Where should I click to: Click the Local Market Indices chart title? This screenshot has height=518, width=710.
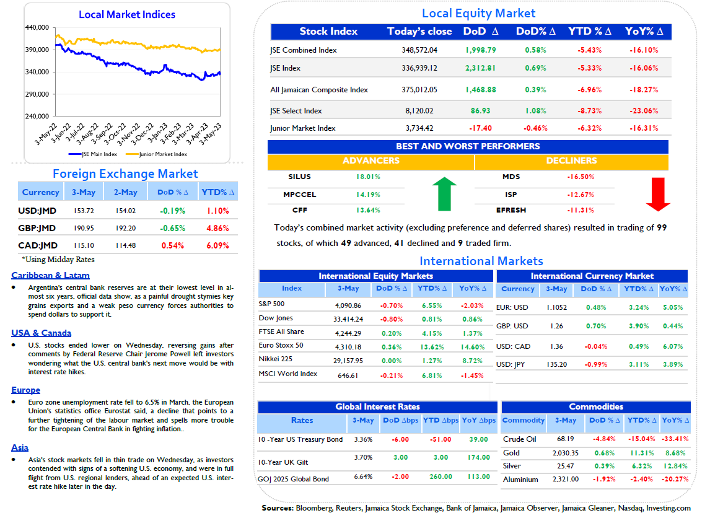pos(127,14)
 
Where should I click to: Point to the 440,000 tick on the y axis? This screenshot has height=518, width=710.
pos(37,27)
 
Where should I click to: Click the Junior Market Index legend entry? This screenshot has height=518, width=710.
pos(157,154)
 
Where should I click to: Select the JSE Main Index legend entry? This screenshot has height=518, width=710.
pos(93,154)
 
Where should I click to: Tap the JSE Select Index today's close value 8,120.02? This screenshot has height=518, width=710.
pos(419,110)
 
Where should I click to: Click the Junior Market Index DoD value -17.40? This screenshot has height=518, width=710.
pos(480,128)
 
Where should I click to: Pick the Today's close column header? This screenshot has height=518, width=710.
pos(419,31)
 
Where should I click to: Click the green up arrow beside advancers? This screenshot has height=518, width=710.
pos(444,194)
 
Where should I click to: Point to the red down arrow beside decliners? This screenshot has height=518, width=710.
pos(658,195)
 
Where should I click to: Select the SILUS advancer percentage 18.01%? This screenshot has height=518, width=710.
pos(368,177)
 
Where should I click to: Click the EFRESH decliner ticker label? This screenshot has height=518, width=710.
pos(511,210)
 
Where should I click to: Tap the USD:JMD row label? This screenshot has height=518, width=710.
pos(37,211)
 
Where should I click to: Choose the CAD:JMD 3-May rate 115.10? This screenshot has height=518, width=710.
pos(84,245)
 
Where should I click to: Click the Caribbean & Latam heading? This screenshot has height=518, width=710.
pos(50,275)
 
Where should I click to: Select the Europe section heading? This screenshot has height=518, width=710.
pos(26,390)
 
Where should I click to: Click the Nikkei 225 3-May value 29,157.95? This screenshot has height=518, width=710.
pos(348,361)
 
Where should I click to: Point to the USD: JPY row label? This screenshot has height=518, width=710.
pos(511,364)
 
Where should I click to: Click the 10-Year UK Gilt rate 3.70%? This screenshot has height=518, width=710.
pos(363,457)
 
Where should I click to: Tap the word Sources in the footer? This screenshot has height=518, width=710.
pos(278,508)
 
